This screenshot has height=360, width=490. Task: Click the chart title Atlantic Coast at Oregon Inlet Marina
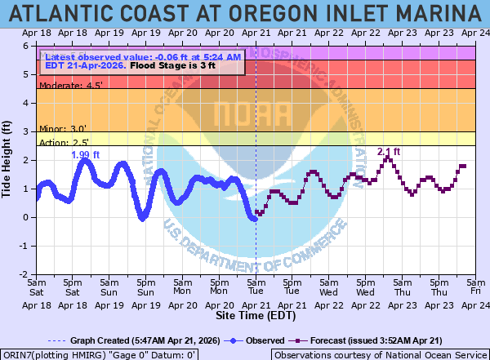(x=245, y=14)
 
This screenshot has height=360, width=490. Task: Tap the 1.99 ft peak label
(x=85, y=155)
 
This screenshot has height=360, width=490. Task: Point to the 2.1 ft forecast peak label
(x=389, y=152)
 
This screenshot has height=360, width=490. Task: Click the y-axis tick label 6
(x=28, y=46)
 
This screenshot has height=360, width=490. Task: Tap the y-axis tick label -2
(x=26, y=274)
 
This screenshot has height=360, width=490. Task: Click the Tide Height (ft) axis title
(x=9, y=161)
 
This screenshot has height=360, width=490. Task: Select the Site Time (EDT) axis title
(x=256, y=314)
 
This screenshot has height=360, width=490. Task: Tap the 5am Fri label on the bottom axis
(x=475, y=286)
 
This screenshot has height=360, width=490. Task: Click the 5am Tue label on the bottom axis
(x=256, y=286)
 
